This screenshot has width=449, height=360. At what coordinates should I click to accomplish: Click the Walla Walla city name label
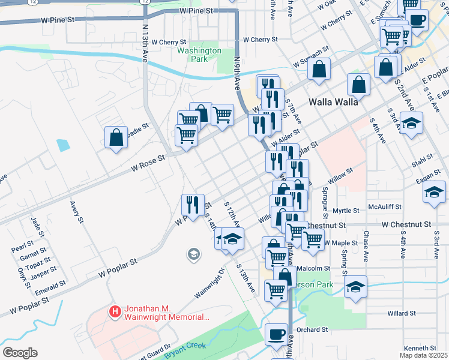point(333,101)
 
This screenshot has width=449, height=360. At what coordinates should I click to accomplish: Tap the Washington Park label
point(199,55)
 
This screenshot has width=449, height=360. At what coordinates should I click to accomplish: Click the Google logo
point(20,352)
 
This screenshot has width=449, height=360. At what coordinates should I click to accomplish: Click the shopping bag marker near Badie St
point(116,137)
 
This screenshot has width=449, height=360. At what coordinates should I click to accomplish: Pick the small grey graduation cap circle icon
point(193,255)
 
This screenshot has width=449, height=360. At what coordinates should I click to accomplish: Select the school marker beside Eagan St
point(434,193)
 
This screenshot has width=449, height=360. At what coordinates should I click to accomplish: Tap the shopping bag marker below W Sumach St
point(319,69)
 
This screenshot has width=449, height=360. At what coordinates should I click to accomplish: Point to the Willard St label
point(402,313)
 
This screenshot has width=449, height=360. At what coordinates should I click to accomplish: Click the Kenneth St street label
point(420,348)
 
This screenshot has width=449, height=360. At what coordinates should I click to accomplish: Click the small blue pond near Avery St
point(63,145)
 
